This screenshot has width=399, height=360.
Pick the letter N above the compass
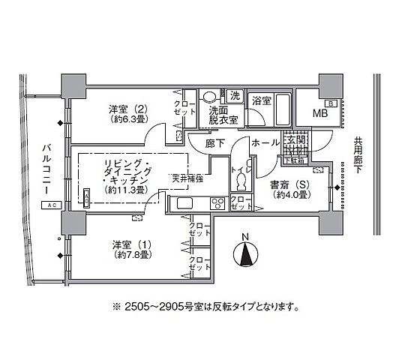[245, 239]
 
